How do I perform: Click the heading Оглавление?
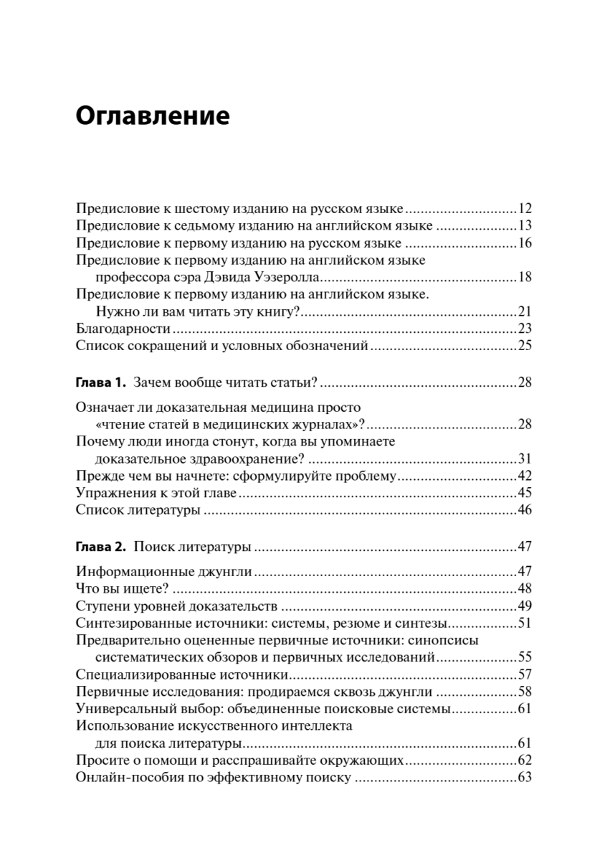(x=153, y=115)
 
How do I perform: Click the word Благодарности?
(x=123, y=329)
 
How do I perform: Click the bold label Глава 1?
(x=101, y=380)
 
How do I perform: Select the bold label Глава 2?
(x=101, y=547)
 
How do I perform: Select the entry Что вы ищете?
(x=122, y=588)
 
